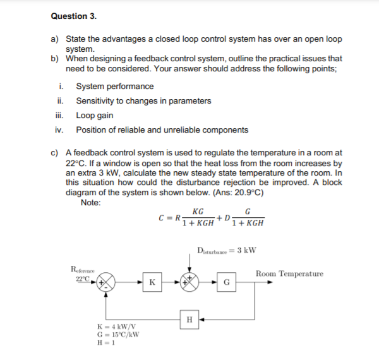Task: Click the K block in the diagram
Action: point(152,282)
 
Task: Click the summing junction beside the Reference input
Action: point(107,282)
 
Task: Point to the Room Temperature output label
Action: point(289,273)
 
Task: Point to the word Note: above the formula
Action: point(93,202)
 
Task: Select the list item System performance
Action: point(114,87)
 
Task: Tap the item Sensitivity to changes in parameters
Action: point(143,101)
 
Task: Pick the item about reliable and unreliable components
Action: point(162,130)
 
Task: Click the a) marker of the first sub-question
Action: point(54,39)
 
